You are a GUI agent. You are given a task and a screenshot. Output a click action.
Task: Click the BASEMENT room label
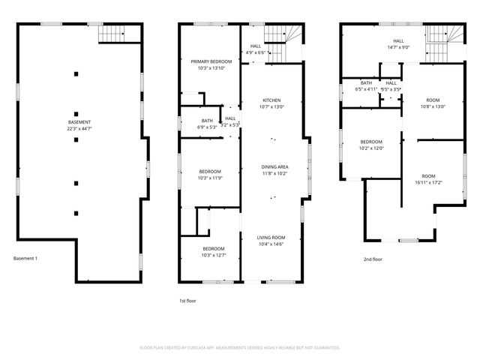[79, 122]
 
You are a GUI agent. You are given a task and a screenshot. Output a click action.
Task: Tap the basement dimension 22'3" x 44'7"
[79, 129]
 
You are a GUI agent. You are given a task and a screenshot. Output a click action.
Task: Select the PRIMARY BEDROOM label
[211, 61]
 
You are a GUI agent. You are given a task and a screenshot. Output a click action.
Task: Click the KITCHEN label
[271, 100]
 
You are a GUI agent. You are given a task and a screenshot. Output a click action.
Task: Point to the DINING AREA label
[274, 166]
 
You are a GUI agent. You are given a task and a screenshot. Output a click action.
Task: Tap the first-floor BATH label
[207, 121]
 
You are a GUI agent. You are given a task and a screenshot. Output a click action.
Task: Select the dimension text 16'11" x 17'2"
[429, 182]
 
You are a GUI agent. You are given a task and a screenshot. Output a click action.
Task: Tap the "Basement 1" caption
[25, 258]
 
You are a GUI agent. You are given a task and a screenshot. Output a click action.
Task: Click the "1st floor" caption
[187, 300]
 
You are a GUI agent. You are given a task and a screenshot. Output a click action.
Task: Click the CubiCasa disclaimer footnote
[240, 348]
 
